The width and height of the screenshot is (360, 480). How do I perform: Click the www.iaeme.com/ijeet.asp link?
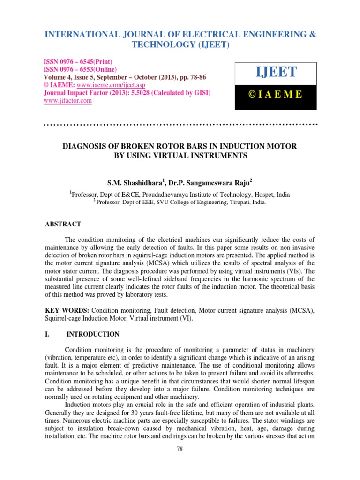click(104, 86)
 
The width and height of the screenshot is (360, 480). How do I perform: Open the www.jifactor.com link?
click(67, 101)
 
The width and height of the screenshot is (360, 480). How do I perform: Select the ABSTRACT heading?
click(63, 225)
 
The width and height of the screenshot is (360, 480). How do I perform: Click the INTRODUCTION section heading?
click(93, 334)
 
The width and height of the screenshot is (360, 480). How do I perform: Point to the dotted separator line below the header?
click(180, 125)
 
